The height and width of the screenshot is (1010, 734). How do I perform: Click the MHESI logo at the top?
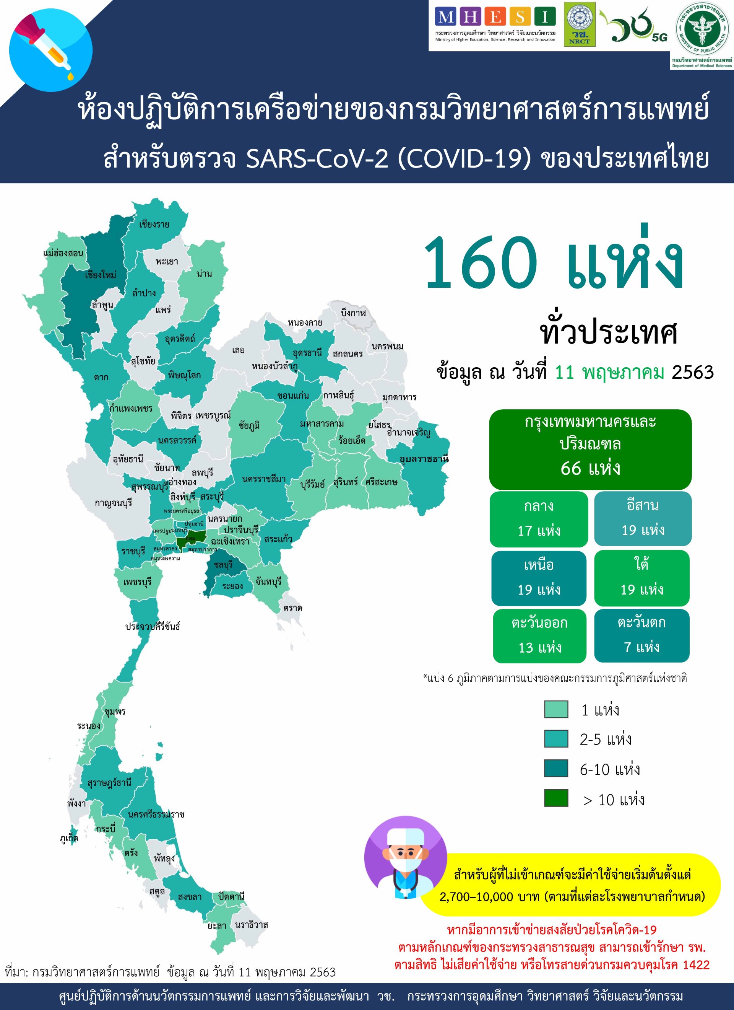tap(495, 24)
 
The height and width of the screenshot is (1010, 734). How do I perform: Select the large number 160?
tap(478, 264)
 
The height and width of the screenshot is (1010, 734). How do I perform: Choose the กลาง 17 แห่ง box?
tap(539, 518)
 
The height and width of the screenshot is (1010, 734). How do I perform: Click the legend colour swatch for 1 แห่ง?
tap(556, 709)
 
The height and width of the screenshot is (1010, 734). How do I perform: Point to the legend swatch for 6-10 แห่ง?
tap(556, 769)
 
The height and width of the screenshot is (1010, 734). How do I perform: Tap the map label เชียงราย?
tap(154, 224)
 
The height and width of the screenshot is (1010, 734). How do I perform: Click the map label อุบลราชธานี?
tap(424, 459)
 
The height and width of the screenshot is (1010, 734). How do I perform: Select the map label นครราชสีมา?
tap(264, 479)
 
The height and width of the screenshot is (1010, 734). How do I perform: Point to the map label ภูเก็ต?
tap(69, 838)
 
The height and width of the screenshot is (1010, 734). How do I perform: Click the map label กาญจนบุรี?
tap(113, 503)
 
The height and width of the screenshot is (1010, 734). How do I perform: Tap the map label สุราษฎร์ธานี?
tap(109, 782)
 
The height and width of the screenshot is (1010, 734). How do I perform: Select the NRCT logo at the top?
tap(579, 24)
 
